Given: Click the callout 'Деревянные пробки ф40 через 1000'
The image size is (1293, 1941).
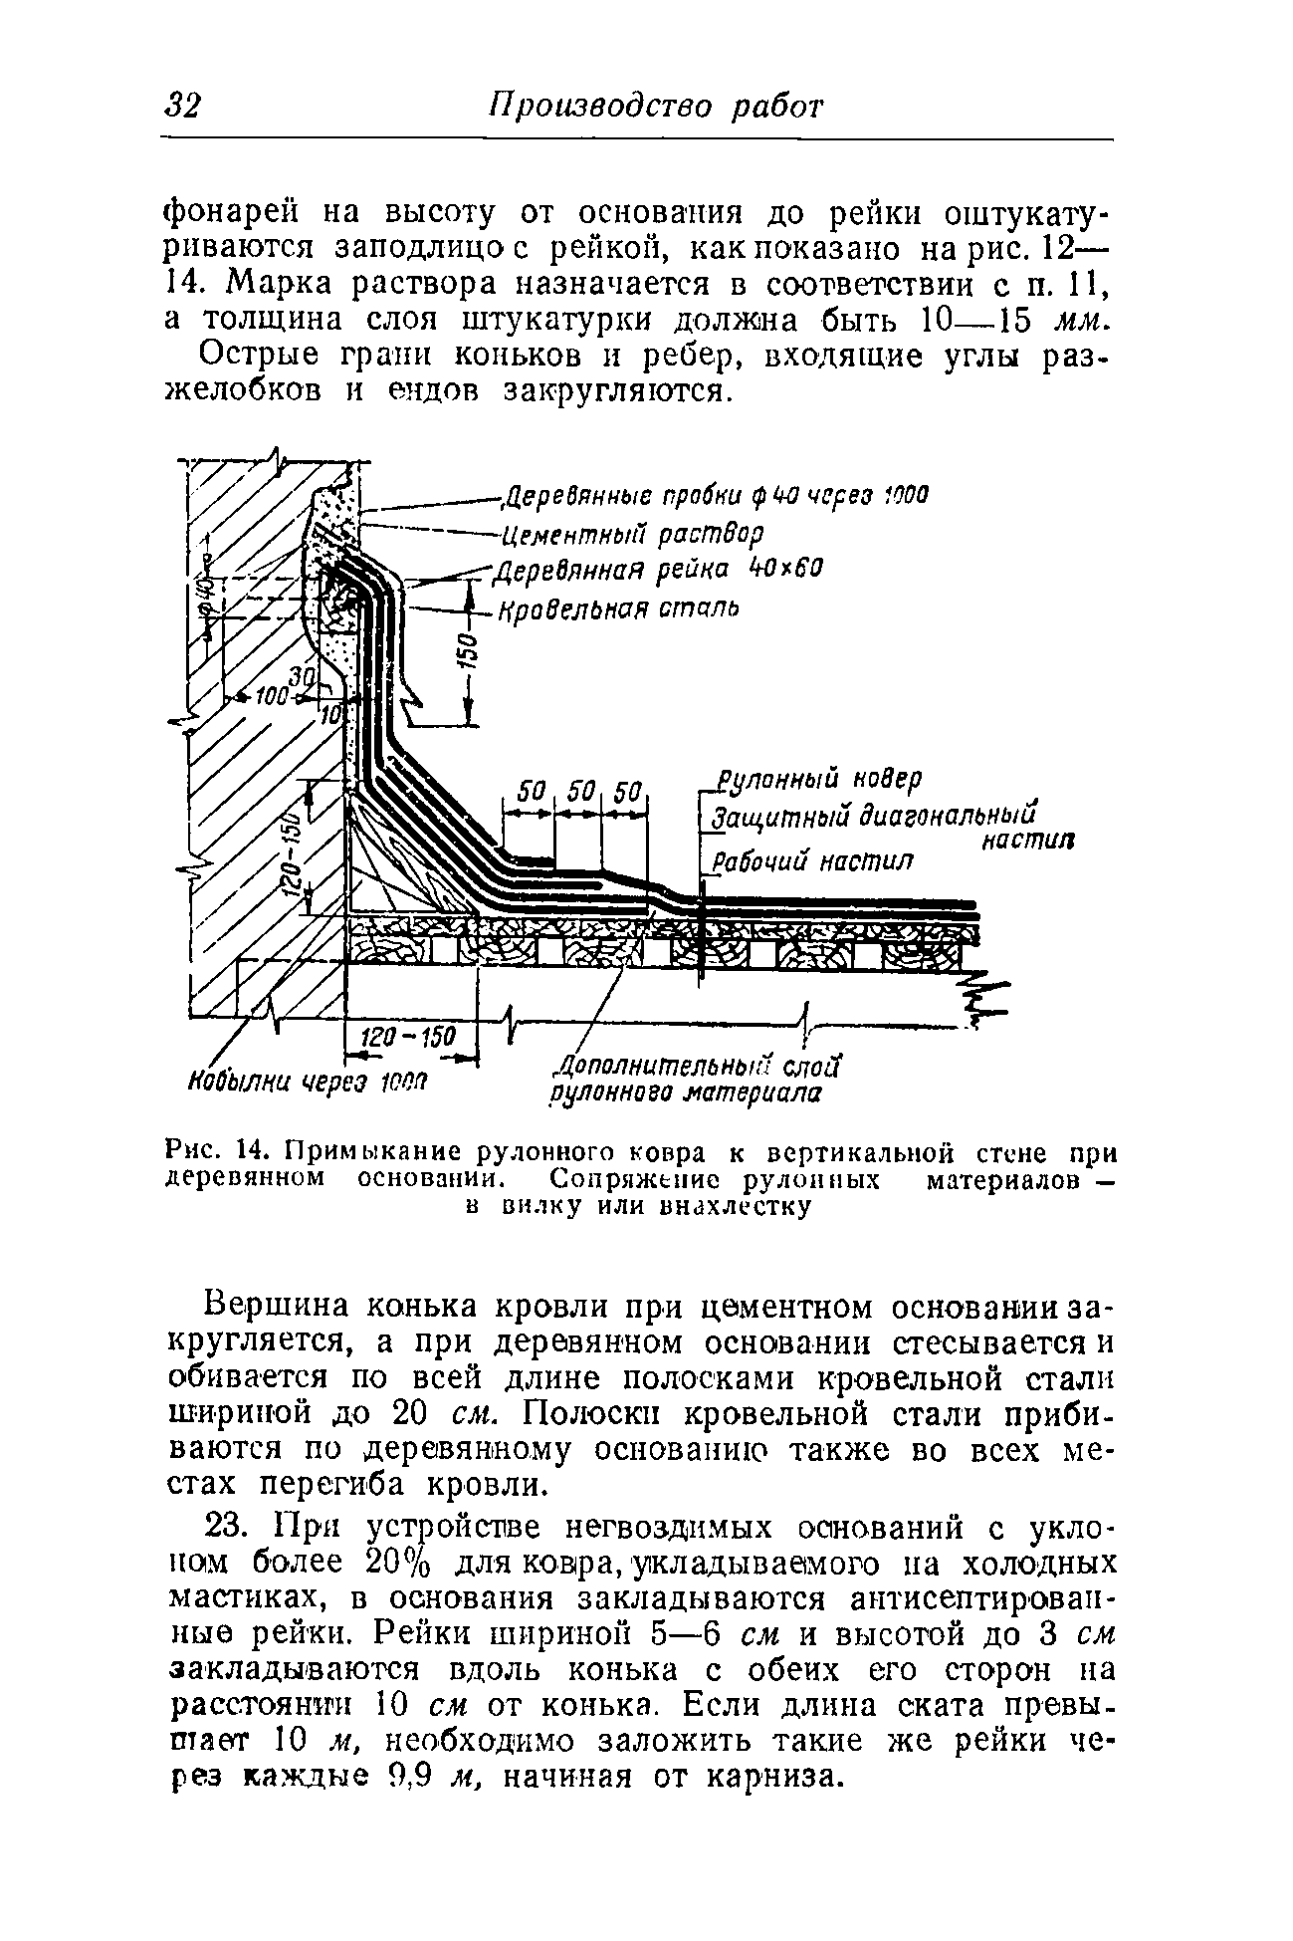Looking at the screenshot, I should tap(714, 496).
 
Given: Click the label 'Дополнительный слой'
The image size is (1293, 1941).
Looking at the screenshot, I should tap(700, 1069).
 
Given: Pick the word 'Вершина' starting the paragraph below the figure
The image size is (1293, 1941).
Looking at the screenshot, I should tap(281, 1305).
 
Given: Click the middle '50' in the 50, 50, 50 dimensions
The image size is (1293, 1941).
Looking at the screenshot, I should tap(580, 793).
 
